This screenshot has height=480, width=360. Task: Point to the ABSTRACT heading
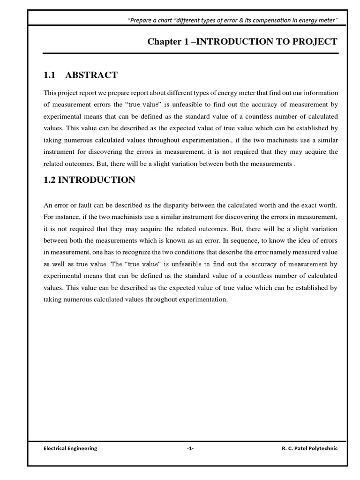91,75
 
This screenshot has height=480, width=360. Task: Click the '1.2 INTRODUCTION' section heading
89,180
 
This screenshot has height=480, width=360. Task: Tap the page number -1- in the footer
190,448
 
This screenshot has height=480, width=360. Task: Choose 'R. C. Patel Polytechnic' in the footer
309,448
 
